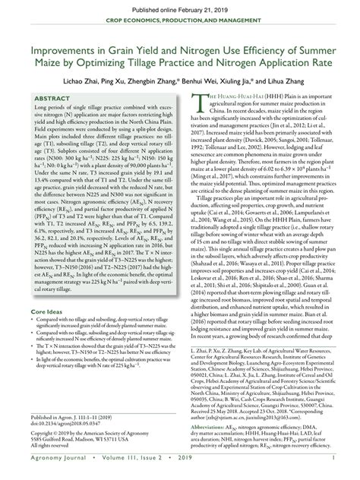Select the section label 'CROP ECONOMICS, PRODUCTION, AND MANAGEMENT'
[x=179, y=24]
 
